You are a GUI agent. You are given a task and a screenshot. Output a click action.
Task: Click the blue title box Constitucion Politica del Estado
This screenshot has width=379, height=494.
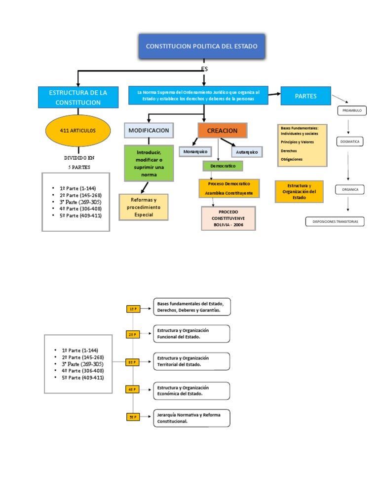point(201,46)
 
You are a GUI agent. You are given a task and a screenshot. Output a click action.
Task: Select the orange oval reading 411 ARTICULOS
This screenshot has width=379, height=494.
point(77,131)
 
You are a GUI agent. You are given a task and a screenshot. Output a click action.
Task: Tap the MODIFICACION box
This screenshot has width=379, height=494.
point(149,131)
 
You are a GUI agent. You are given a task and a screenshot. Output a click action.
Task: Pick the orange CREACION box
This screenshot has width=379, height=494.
point(222,131)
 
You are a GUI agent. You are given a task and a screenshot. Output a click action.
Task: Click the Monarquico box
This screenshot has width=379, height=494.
point(195,152)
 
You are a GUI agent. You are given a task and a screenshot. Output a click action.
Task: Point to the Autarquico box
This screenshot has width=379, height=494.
point(246,152)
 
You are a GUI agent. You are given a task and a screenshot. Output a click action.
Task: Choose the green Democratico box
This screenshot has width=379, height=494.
point(223,166)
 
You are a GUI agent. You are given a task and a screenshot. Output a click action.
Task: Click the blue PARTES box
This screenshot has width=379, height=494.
point(305,96)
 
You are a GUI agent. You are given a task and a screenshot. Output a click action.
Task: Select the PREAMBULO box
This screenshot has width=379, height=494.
point(352,111)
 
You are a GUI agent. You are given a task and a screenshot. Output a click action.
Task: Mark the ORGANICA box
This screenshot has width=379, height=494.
point(349,189)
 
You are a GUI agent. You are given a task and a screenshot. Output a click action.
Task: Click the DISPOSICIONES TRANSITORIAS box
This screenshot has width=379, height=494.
point(335,222)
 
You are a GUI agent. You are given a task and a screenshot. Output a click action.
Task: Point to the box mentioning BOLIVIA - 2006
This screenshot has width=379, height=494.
point(228,218)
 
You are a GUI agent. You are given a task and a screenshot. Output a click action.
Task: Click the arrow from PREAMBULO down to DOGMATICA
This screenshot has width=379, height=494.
point(349,127)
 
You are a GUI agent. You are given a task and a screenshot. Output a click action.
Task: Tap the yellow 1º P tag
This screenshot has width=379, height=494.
point(132,309)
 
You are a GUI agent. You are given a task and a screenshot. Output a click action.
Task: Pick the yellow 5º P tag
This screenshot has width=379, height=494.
point(132,417)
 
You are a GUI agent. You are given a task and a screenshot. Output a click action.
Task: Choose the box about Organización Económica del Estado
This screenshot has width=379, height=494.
point(191,391)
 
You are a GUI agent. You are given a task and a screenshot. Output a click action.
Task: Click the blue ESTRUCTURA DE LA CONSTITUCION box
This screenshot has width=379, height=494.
point(78,97)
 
